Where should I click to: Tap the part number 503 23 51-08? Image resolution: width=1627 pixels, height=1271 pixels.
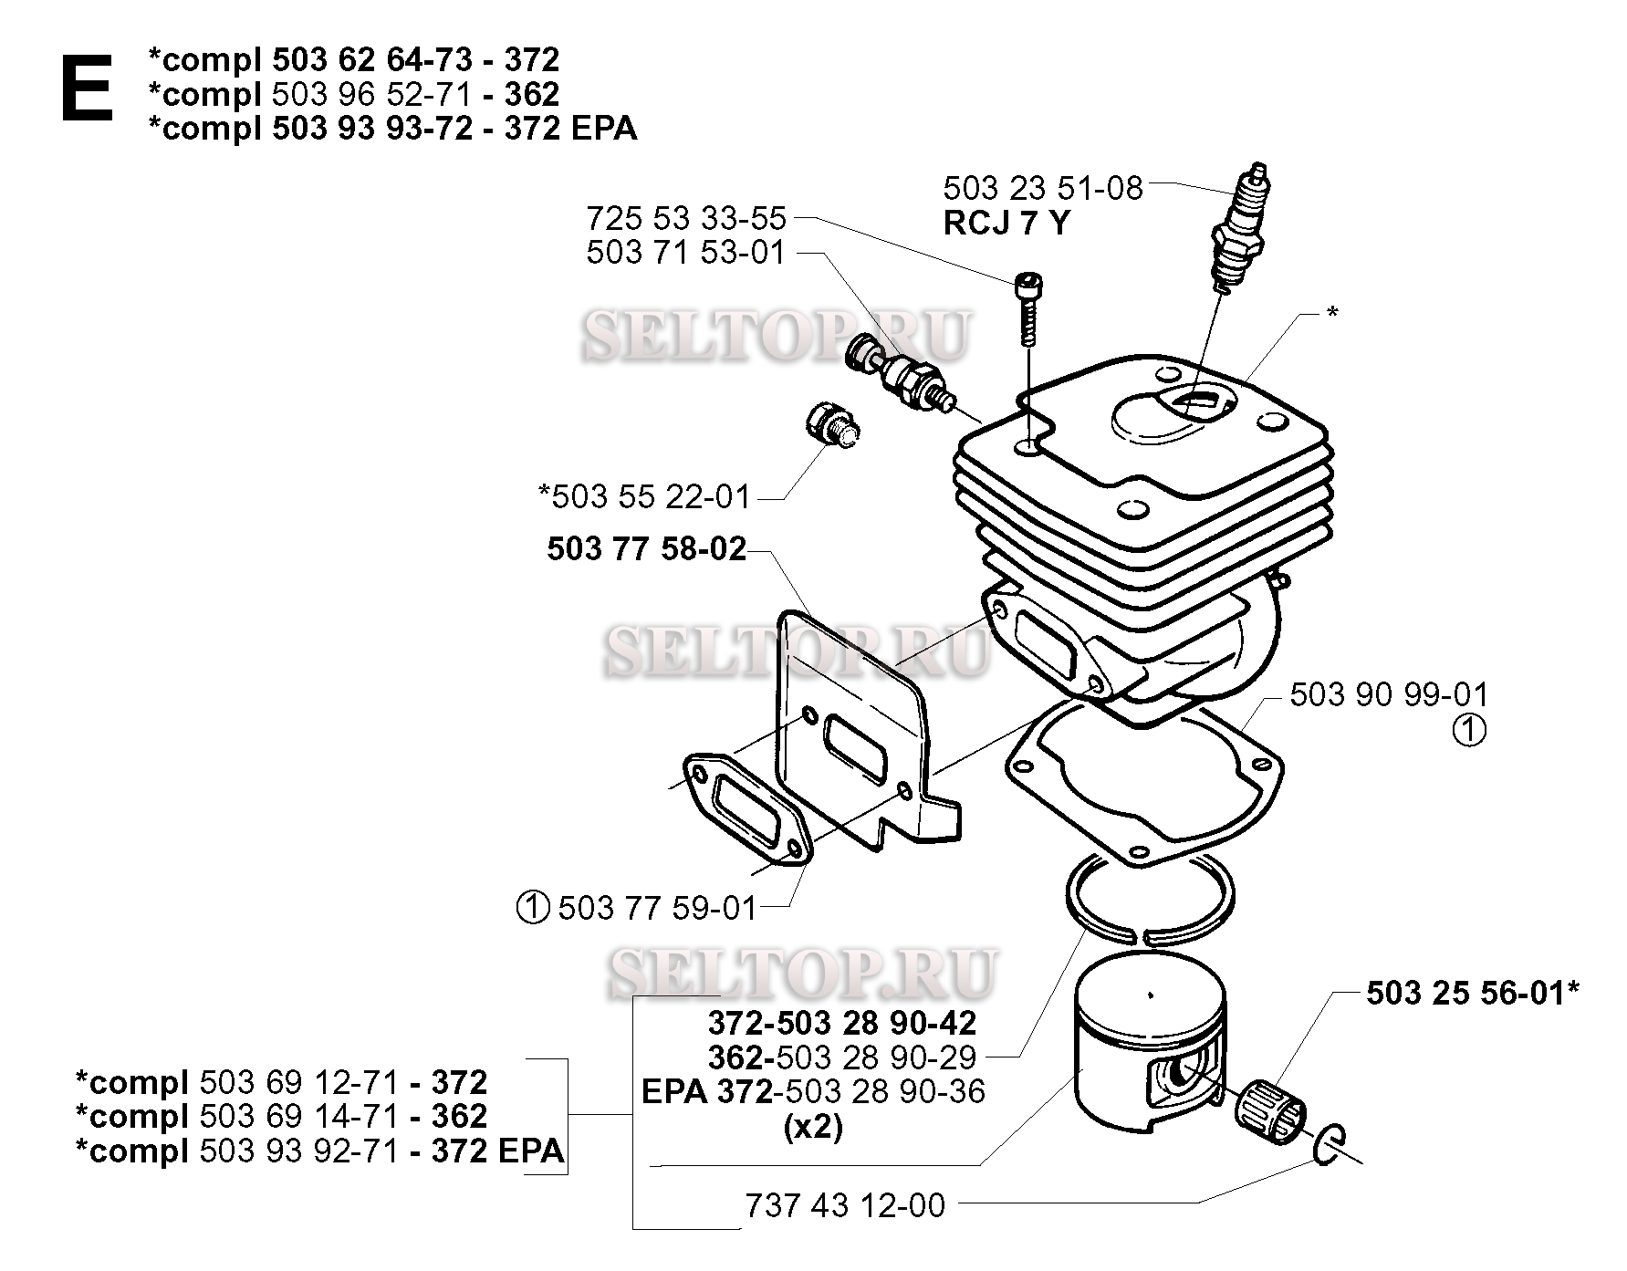click(x=1042, y=189)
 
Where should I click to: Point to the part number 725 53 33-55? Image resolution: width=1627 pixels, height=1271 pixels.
click(x=686, y=219)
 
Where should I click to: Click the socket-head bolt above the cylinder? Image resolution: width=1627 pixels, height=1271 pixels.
click(x=1027, y=310)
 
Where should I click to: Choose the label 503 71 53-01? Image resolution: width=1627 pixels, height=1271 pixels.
click(x=686, y=253)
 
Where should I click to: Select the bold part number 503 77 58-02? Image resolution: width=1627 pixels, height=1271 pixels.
click(x=647, y=549)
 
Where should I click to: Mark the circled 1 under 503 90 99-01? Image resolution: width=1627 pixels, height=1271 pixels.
click(x=1468, y=731)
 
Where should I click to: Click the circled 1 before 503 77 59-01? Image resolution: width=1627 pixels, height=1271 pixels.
click(x=531, y=909)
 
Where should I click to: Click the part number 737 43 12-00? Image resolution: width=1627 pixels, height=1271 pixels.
click(x=845, y=1206)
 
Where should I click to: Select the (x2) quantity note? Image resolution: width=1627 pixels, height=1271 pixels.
click(x=813, y=1128)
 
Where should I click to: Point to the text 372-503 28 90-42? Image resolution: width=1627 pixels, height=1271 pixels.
click(x=841, y=1023)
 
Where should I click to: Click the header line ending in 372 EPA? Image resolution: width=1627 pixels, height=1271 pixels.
click(x=392, y=129)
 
